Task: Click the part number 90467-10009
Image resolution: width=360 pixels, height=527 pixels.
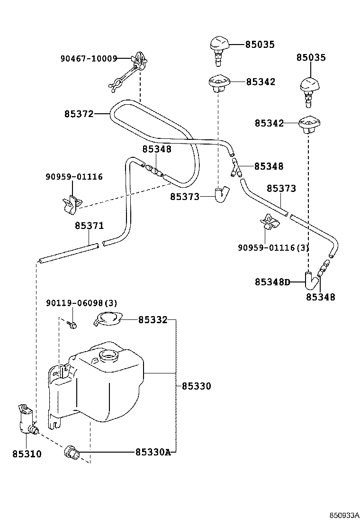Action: [x=89, y=59]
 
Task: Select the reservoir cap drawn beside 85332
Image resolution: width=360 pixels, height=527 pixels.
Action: [x=108, y=318]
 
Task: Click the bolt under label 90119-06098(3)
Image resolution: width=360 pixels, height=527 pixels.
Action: [x=72, y=324]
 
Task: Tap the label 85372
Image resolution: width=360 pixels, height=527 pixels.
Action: [x=79, y=114]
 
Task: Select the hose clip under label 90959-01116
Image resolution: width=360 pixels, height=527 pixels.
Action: [x=72, y=204]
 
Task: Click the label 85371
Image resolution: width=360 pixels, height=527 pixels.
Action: [x=90, y=226]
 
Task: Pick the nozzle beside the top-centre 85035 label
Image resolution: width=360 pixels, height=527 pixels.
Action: [x=220, y=50]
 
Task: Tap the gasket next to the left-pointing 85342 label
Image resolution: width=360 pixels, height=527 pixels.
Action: [x=219, y=82]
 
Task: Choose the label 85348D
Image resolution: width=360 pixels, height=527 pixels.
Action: [x=272, y=282]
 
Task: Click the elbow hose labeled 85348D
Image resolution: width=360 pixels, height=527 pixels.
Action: [x=311, y=282]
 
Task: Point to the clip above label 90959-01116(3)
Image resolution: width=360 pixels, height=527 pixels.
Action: [x=270, y=222]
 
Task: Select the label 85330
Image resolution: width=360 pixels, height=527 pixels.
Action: [x=197, y=386]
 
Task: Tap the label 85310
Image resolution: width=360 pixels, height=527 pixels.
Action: [x=27, y=454]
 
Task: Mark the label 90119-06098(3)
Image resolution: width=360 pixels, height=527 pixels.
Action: [x=81, y=303]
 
